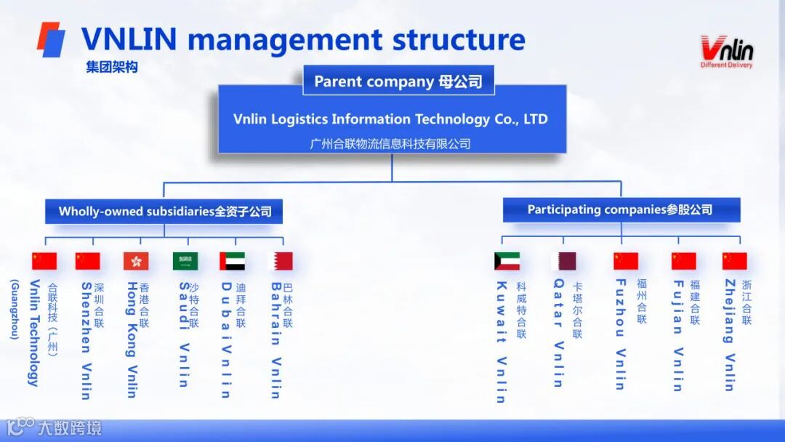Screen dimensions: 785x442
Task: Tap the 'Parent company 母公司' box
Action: [398, 81]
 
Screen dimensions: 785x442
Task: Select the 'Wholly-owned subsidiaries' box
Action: [165, 212]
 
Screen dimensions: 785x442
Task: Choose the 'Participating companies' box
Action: [621, 210]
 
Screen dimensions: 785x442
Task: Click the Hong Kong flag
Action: [136, 261]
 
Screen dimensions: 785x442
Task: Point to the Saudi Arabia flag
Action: [185, 261]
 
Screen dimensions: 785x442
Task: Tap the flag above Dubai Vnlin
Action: [233, 261]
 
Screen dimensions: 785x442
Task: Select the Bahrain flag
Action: [281, 261]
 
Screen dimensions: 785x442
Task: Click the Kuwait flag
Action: [507, 261]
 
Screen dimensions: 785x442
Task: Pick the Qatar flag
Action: [563, 261]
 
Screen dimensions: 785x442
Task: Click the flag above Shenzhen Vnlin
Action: [87, 261]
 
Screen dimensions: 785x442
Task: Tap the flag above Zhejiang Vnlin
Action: [734, 261]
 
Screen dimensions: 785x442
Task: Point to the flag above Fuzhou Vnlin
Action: [625, 261]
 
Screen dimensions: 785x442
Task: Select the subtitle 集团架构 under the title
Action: [111, 67]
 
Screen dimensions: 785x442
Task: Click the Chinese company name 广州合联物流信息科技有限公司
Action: [390, 143]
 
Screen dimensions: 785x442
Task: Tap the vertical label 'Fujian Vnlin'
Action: [677, 335]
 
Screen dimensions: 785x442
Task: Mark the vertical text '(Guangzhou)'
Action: [14, 309]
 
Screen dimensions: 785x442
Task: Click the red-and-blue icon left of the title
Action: [51, 39]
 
